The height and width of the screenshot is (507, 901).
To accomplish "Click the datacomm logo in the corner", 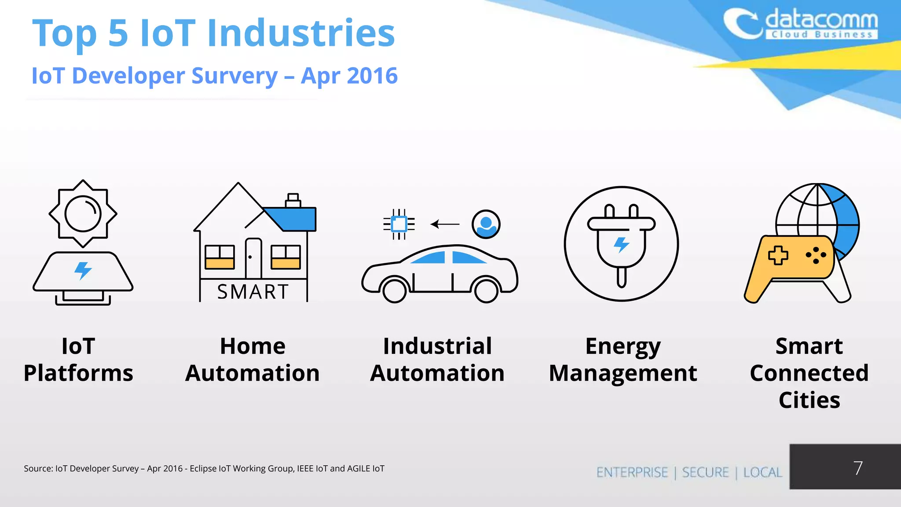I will pos(801,24).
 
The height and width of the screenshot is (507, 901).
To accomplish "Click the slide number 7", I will pos(857,468).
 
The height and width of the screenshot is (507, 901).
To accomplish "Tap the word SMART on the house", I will pos(253,292).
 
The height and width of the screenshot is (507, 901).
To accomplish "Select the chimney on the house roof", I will pos(293,200).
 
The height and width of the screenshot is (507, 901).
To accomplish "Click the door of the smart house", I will pos(253,258).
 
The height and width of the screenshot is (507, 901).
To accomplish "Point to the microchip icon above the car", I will pos(399,224).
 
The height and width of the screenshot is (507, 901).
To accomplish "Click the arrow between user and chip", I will pos(445,224).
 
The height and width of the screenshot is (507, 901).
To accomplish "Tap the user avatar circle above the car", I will pos(486,224).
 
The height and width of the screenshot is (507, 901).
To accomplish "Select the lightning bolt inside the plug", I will pos(621,244).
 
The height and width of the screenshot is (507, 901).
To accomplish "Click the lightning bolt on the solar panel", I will pos(83,270).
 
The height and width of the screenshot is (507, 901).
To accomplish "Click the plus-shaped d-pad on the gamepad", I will pos(778,255).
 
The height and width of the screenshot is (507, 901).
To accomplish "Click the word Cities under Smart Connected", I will pos(809,400).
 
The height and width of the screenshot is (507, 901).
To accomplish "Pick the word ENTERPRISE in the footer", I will pos(632,472).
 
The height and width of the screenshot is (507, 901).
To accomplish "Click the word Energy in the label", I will pos(623,346).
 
